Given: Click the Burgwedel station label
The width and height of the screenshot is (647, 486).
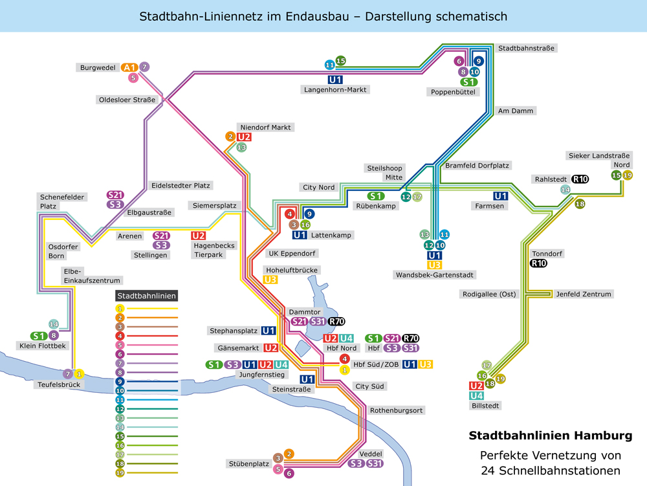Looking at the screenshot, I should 97,67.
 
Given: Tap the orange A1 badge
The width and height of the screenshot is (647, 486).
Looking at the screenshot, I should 129,67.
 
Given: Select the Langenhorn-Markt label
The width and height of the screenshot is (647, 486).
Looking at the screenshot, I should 336,90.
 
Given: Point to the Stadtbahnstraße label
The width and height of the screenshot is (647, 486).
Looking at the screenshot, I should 526,48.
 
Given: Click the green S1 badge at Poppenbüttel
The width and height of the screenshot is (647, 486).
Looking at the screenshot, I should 469,82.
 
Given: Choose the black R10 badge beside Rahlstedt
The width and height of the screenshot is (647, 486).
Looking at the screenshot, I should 580,179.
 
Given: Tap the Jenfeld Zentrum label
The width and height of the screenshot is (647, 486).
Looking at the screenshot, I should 583,294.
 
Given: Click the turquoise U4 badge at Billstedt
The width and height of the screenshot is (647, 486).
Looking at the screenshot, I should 476,395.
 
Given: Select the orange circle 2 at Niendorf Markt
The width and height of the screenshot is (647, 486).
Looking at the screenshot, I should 230,137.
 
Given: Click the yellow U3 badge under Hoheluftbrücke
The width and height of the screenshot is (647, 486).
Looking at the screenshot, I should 271,280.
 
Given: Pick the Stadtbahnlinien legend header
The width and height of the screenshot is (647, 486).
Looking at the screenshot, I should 146,296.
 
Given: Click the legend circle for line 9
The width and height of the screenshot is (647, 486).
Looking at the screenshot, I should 120,382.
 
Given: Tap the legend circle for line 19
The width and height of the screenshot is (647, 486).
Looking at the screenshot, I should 120,472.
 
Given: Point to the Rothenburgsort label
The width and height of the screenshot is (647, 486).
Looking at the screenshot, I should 396,410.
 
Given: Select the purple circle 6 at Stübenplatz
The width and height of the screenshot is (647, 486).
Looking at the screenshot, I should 289,473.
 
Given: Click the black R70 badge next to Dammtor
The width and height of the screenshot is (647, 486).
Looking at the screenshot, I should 336,322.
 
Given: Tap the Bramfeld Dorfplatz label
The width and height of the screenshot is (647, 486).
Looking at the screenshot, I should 477,166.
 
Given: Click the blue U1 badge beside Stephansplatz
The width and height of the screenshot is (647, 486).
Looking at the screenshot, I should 269,331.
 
